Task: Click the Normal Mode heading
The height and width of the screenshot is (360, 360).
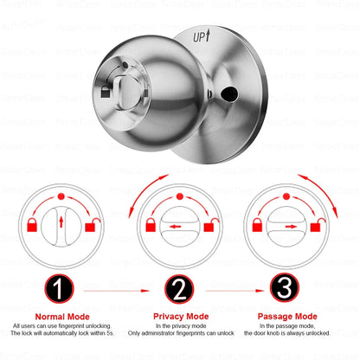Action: (x=61, y=317)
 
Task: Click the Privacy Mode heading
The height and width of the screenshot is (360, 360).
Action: (x=181, y=317)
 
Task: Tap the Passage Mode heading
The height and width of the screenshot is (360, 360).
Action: (x=300, y=317)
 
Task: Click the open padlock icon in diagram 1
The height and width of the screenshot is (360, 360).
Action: (x=89, y=228)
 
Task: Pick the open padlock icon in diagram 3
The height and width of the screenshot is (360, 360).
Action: (x=329, y=228)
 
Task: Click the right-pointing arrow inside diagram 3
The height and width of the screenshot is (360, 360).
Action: (x=300, y=227)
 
